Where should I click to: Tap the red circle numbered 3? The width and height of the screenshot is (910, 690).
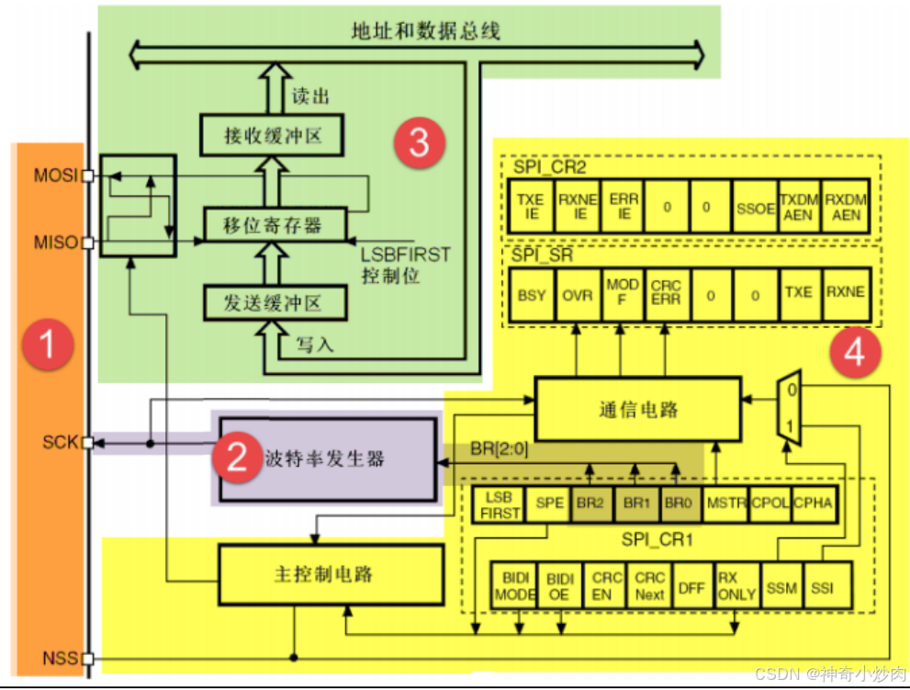420,143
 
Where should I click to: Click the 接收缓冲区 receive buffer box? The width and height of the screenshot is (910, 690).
273,136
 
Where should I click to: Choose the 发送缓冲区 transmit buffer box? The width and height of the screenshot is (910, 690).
273,302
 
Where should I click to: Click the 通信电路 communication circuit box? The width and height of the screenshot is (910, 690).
636,409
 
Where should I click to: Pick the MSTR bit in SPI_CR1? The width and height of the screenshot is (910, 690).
726,504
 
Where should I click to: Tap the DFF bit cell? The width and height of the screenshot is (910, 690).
692,587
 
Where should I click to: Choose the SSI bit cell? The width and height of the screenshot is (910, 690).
824,587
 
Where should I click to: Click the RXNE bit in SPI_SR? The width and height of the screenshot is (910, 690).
844,293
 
